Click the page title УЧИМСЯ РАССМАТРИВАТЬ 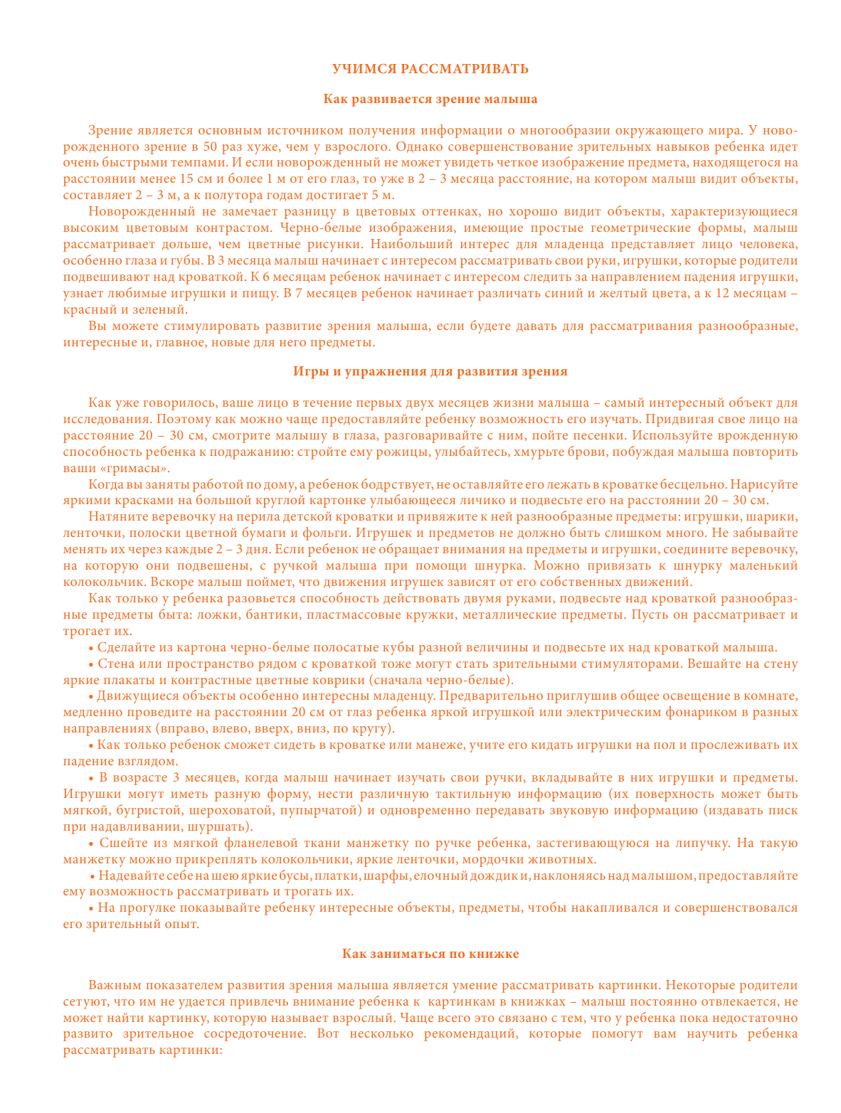coord(430,69)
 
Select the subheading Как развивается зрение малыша coord(430,99)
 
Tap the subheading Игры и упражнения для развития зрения coord(430,371)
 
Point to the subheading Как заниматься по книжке coord(430,954)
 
